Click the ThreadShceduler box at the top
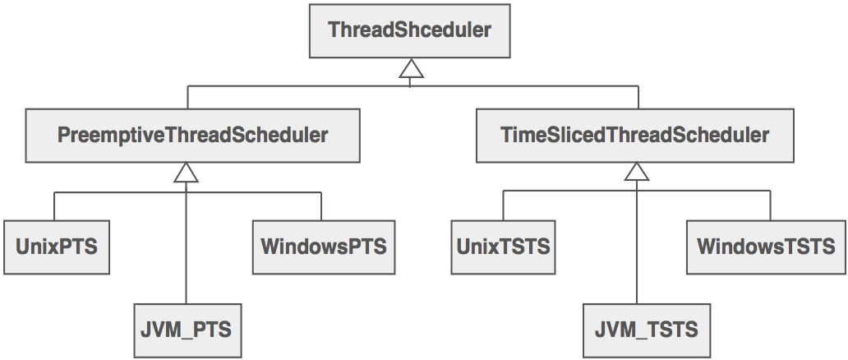point(409,31)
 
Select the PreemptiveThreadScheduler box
point(192,135)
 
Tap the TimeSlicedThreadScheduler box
point(634,135)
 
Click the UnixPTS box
point(56,246)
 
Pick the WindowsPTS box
point(323,246)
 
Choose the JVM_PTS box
point(188,330)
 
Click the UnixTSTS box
point(503,246)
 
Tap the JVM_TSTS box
point(646,330)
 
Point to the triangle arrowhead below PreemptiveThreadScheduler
point(187,173)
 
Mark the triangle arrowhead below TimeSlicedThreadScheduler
point(636,173)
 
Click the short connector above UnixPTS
point(55,206)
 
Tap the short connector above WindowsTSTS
point(771,206)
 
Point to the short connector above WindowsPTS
point(321,206)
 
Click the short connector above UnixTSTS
point(503,206)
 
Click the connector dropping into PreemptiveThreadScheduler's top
point(188,98)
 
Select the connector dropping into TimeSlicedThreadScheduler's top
point(638,98)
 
